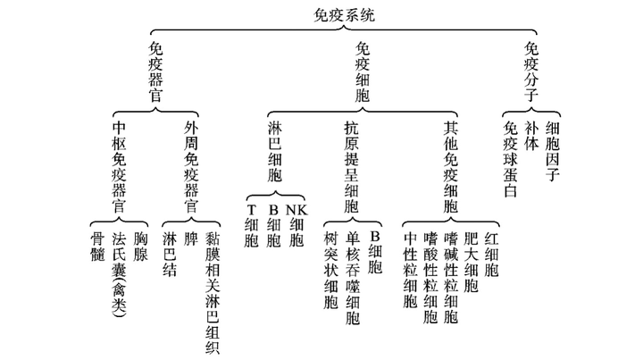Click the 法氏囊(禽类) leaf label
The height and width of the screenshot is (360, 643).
[119, 274]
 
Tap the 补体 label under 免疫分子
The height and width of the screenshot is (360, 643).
[531, 141]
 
